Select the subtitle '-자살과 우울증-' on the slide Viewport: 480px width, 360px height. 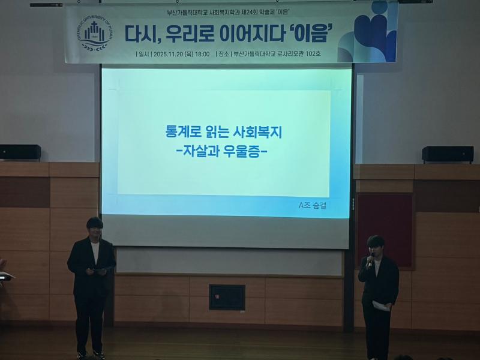[223, 152]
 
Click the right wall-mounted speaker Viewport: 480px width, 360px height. [447, 154]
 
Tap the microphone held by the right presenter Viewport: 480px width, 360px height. [371, 259]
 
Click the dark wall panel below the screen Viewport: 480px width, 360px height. [227, 297]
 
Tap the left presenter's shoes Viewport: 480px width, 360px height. [90, 354]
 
